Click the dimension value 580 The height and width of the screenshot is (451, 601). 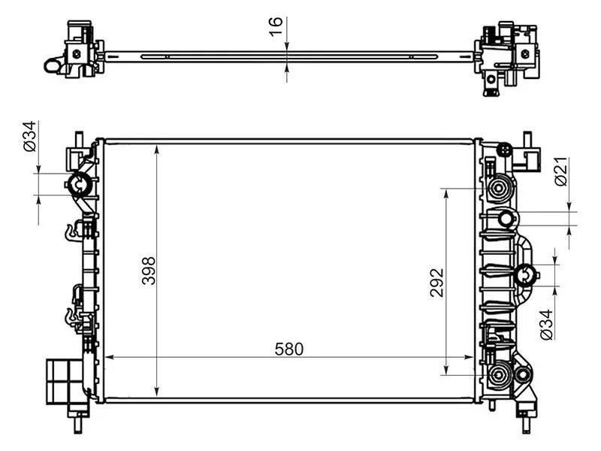click(288, 349)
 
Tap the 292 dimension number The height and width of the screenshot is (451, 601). click(438, 282)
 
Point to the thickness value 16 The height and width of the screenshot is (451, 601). click(276, 23)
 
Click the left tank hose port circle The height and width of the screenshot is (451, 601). click(80, 182)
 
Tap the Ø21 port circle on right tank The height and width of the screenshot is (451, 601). click(507, 219)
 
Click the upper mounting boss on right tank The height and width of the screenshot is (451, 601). click(498, 187)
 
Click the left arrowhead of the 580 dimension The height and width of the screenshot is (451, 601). click(107, 356)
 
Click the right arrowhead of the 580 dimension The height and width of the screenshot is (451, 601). click(471, 356)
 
